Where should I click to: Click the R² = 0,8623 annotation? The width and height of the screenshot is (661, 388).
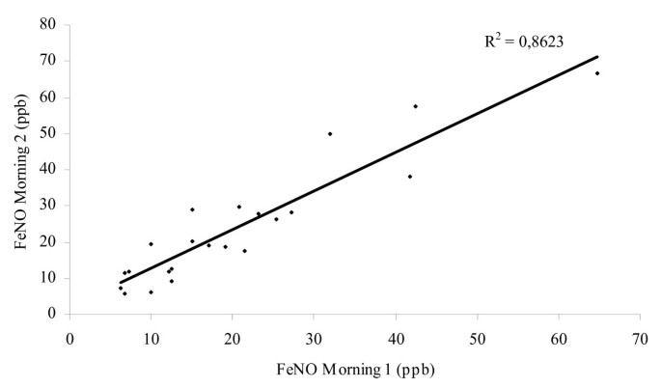523,42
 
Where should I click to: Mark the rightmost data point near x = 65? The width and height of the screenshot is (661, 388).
597,73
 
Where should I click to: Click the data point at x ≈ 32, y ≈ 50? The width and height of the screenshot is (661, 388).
330,134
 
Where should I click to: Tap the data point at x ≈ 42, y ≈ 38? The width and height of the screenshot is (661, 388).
410,177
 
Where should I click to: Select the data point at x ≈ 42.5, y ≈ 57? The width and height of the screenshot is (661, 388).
416,106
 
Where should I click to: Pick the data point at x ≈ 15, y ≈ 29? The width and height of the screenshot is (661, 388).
192,209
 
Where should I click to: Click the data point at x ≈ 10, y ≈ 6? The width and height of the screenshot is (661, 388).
151,292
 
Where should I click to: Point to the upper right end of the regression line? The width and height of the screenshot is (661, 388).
598,56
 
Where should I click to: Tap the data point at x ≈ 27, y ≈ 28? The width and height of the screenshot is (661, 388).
291,212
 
